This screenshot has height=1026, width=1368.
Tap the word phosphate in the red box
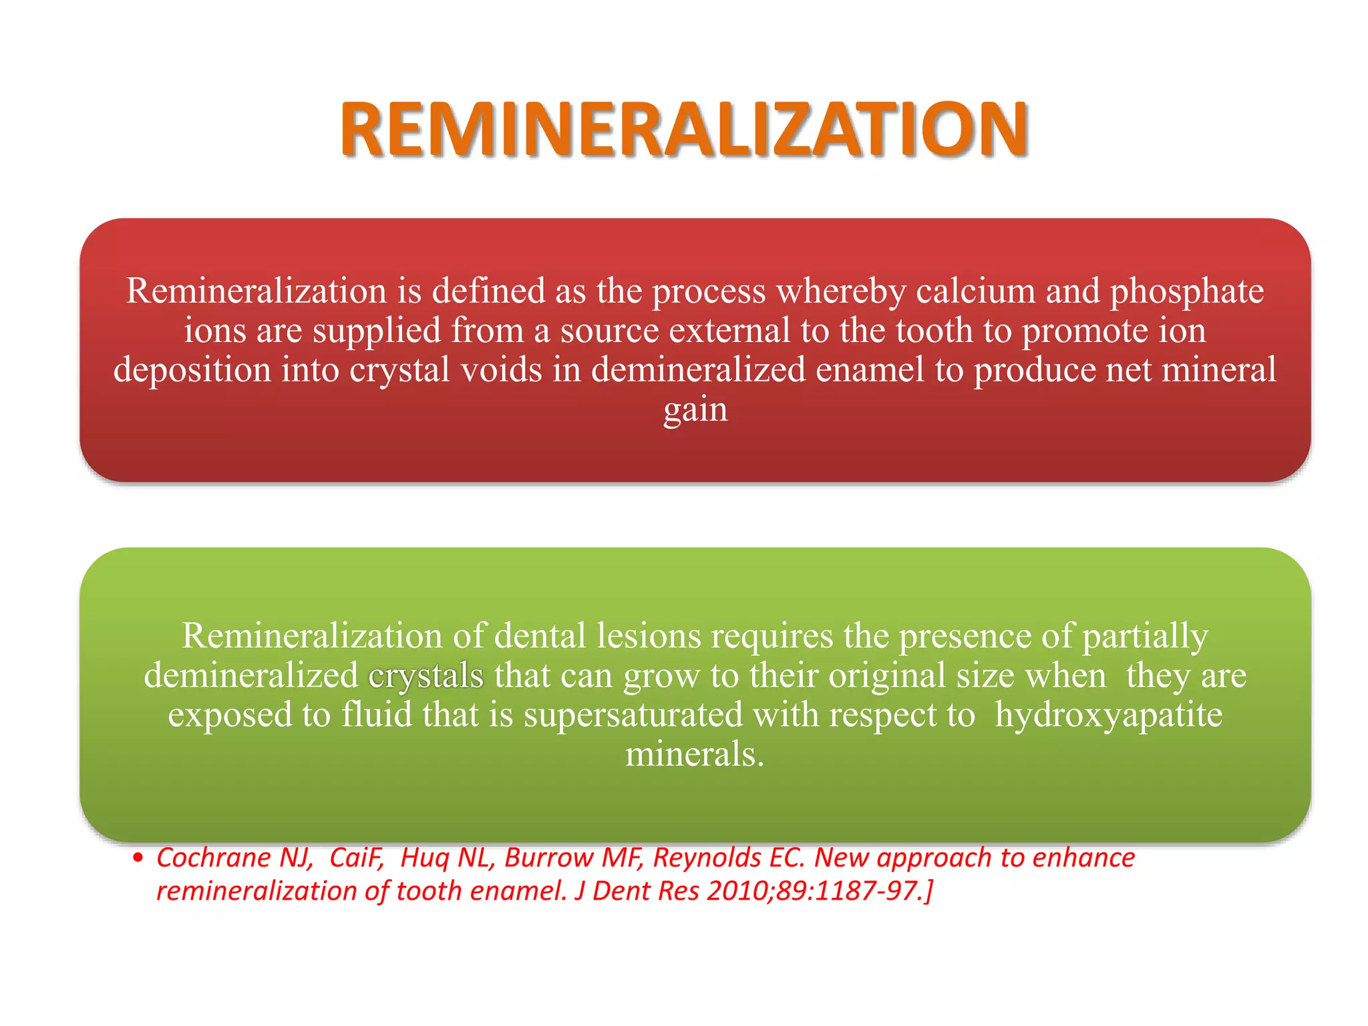(x=1187, y=291)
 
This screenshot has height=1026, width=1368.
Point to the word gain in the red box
(x=695, y=409)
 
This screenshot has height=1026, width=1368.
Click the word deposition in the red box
(x=192, y=370)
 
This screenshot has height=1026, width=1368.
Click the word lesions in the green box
(x=648, y=635)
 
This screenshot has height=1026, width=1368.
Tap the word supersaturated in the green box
(x=633, y=715)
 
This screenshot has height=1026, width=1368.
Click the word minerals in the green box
(x=694, y=755)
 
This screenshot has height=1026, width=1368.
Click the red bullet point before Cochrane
(x=138, y=858)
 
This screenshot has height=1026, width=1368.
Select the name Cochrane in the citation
(x=215, y=858)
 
